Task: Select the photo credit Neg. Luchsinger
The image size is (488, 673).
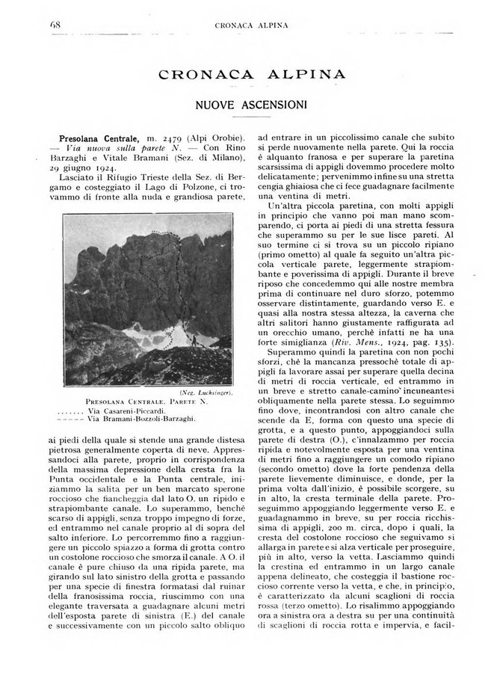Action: [x=209, y=392]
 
